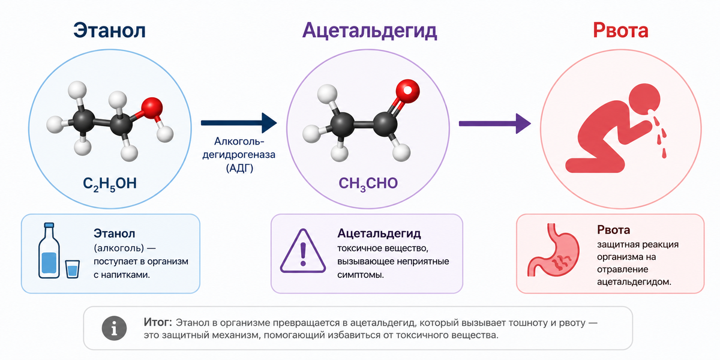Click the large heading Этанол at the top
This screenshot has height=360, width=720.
click(x=109, y=31)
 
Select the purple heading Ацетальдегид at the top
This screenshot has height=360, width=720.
click(x=370, y=31)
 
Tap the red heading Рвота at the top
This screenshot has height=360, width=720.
click(x=620, y=31)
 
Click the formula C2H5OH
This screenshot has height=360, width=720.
click(x=110, y=184)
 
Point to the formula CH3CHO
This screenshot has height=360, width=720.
click(x=368, y=184)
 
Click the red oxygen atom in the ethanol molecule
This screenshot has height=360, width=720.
click(x=152, y=108)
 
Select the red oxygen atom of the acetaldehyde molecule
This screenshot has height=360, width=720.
click(x=407, y=91)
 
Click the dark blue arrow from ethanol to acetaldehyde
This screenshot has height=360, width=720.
click(x=239, y=123)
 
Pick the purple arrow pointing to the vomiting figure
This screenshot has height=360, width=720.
click(x=494, y=124)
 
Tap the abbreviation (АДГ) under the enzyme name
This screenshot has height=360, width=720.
click(x=239, y=168)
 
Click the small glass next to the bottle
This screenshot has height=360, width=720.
click(x=73, y=269)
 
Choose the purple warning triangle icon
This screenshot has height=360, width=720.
click(x=303, y=251)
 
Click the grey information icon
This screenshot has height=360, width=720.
click(x=114, y=328)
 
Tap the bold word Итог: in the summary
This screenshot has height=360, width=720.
click(x=157, y=322)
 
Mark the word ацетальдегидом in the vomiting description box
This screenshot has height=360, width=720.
click(x=634, y=282)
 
